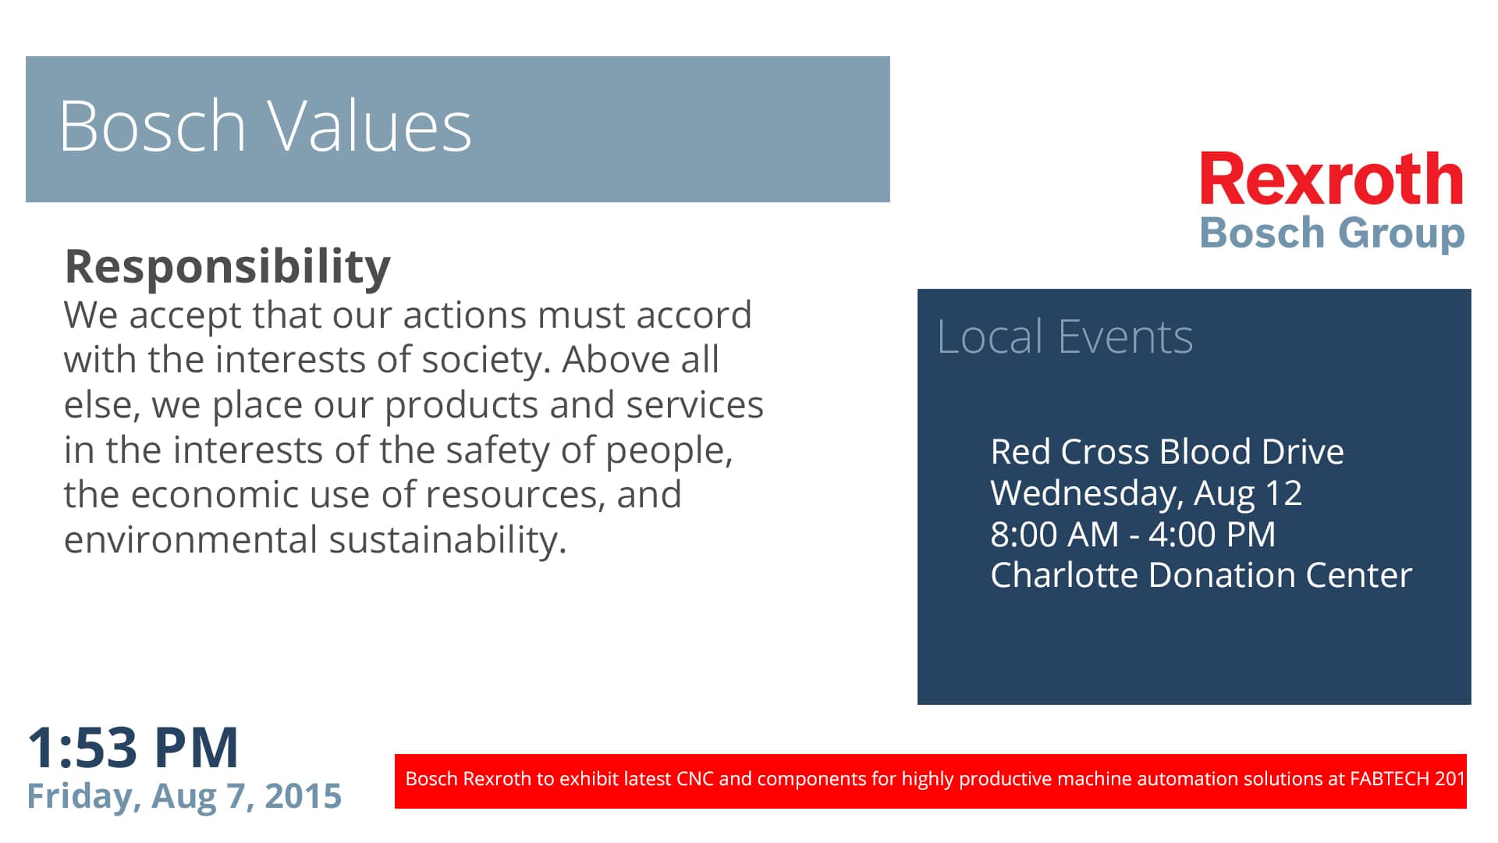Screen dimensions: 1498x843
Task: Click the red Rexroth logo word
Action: pos(1332,179)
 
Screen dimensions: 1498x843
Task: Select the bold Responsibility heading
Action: pos(227,267)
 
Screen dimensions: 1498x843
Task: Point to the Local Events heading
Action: pos(1065,337)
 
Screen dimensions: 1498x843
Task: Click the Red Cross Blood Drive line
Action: pos(1167,452)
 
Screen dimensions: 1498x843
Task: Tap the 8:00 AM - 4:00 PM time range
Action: pos(1133,535)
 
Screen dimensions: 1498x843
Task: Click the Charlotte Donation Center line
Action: pos(1202,575)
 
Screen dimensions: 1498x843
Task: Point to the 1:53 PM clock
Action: pos(133,748)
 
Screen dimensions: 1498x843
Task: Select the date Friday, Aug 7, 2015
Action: pos(184,796)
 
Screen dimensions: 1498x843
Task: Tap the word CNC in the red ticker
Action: pos(695,778)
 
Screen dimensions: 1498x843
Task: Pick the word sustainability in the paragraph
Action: pos(448,540)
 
